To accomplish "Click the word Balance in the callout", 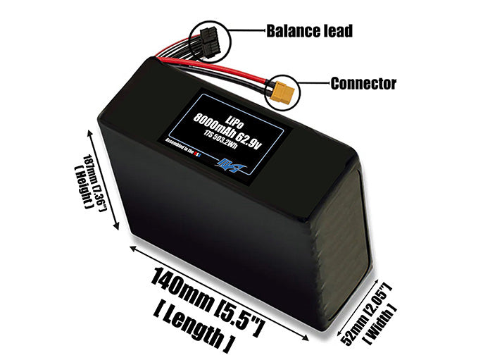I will tap(289, 31).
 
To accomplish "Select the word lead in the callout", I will tap(334, 31).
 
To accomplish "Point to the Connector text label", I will tap(363, 84).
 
